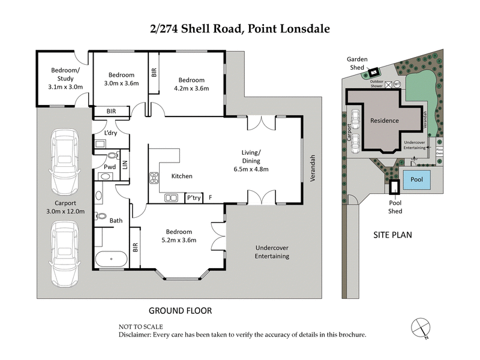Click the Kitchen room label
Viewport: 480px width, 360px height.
[182, 176]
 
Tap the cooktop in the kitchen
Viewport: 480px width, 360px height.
[153, 177]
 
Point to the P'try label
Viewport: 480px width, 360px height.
[193, 197]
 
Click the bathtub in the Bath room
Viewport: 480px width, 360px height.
[111, 260]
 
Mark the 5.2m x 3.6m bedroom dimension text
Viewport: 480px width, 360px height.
[179, 241]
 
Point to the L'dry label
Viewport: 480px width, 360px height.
[110, 133]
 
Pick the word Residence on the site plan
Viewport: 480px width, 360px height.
[384, 121]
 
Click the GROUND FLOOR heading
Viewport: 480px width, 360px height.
[179, 311]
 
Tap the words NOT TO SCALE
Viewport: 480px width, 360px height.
[140, 327]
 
